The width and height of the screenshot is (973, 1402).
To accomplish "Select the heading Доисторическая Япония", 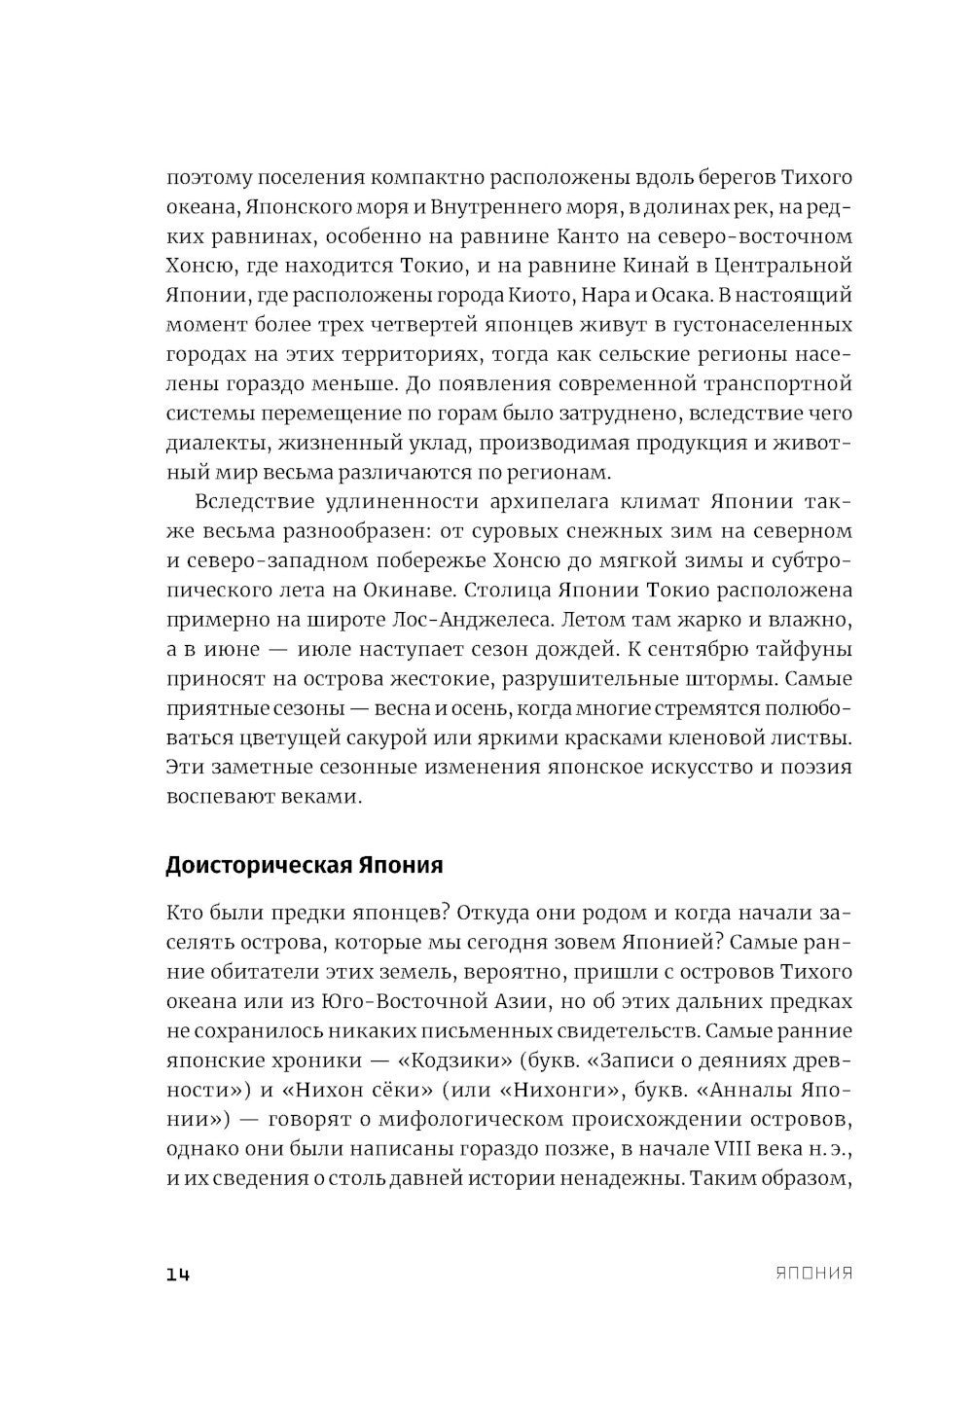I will [x=304, y=865].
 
